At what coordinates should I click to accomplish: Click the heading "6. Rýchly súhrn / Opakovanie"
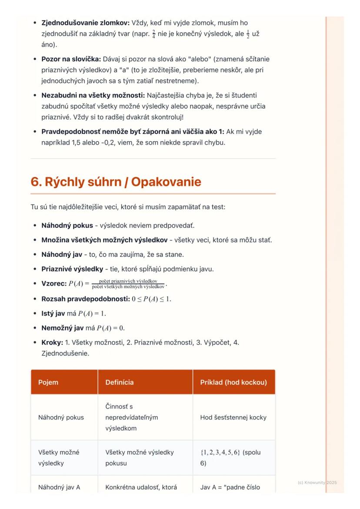pyautogui.click(x=116, y=182)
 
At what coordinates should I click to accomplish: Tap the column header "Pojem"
pyautogui.click(x=48, y=383)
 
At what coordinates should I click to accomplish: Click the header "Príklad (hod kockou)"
pyautogui.click(x=233, y=383)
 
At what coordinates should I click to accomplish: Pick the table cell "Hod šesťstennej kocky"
pyautogui.click(x=233, y=417)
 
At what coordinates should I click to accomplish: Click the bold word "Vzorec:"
pyautogui.click(x=54, y=284)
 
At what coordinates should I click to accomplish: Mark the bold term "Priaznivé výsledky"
pyautogui.click(x=72, y=269)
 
